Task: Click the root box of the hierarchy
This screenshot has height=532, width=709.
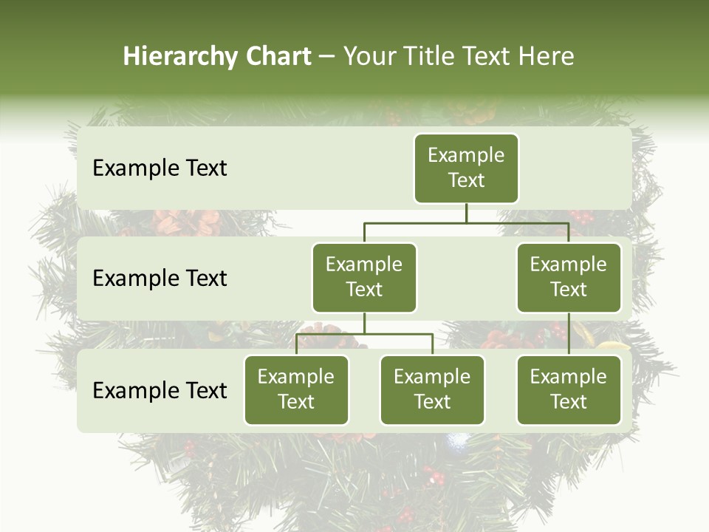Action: [466, 168]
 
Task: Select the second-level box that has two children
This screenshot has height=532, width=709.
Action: [364, 277]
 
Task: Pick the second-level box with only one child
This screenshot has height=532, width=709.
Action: [569, 277]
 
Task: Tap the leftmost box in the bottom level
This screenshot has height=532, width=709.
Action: [296, 389]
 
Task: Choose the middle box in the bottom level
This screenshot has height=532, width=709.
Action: [432, 389]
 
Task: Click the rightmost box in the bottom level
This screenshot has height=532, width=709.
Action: [569, 389]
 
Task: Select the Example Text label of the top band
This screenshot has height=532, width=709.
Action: [160, 168]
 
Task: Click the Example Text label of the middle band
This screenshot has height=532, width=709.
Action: [160, 279]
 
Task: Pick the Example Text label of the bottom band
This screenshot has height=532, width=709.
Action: [160, 391]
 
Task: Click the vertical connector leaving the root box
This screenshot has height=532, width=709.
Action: [466, 213]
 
